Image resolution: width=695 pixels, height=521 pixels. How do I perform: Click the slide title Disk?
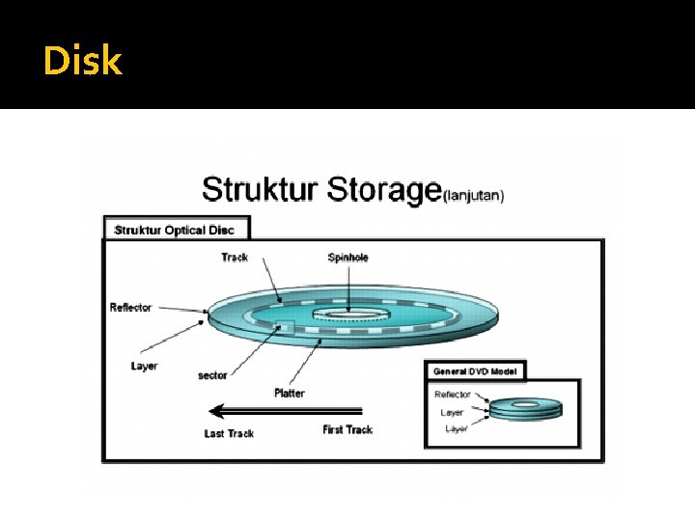pyautogui.click(x=83, y=62)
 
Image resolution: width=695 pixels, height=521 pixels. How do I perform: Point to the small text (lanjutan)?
pyautogui.click(x=473, y=194)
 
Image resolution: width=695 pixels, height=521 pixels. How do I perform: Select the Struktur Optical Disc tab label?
pyautogui.click(x=175, y=230)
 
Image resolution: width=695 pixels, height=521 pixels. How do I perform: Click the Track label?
pyautogui.click(x=235, y=257)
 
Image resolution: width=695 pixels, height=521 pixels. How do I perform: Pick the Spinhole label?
pyautogui.click(x=348, y=257)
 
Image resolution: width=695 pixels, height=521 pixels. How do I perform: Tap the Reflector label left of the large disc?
pyautogui.click(x=130, y=308)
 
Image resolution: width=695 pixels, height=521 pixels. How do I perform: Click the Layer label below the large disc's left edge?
pyautogui.click(x=144, y=366)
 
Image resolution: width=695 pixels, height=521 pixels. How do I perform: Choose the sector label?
pyautogui.click(x=211, y=375)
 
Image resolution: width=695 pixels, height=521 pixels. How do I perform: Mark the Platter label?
pyautogui.click(x=289, y=393)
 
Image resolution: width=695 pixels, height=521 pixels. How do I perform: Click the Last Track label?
pyautogui.click(x=229, y=433)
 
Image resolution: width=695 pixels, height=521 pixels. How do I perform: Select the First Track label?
pyautogui.click(x=347, y=429)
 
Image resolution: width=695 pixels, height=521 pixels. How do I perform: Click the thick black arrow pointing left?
pyautogui.click(x=286, y=409)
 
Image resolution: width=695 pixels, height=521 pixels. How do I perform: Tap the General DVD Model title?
pyautogui.click(x=475, y=371)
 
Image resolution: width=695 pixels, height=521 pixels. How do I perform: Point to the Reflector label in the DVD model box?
pyautogui.click(x=453, y=395)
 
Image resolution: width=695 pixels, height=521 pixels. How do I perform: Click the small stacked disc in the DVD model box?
pyautogui.click(x=524, y=408)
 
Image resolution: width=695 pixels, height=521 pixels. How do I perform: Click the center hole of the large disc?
pyautogui.click(x=347, y=314)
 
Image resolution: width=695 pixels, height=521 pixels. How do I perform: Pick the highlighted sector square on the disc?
pyautogui.click(x=285, y=326)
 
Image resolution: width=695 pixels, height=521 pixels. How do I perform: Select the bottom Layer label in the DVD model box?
pyautogui.click(x=456, y=428)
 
